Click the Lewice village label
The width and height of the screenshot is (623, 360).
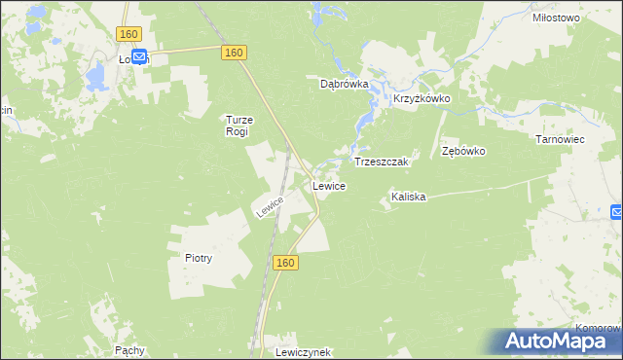coord(328,185)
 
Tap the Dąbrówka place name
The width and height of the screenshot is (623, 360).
coord(345,84)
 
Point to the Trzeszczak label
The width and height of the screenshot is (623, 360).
coord(385,162)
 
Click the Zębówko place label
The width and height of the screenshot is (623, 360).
coord(463,152)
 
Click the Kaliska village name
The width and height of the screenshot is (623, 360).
coord(409,197)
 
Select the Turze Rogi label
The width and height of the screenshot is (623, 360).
coord(238,126)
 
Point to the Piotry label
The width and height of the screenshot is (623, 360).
coord(198,259)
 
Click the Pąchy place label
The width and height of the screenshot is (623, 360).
coord(129,349)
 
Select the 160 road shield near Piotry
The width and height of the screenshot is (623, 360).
coord(284,263)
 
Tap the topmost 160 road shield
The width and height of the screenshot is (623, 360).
coord(128,34)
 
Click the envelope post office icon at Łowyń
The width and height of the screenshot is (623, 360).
coord(139,57)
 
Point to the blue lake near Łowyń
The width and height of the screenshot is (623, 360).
coord(96,75)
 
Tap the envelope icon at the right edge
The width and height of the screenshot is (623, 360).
coord(617,212)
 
